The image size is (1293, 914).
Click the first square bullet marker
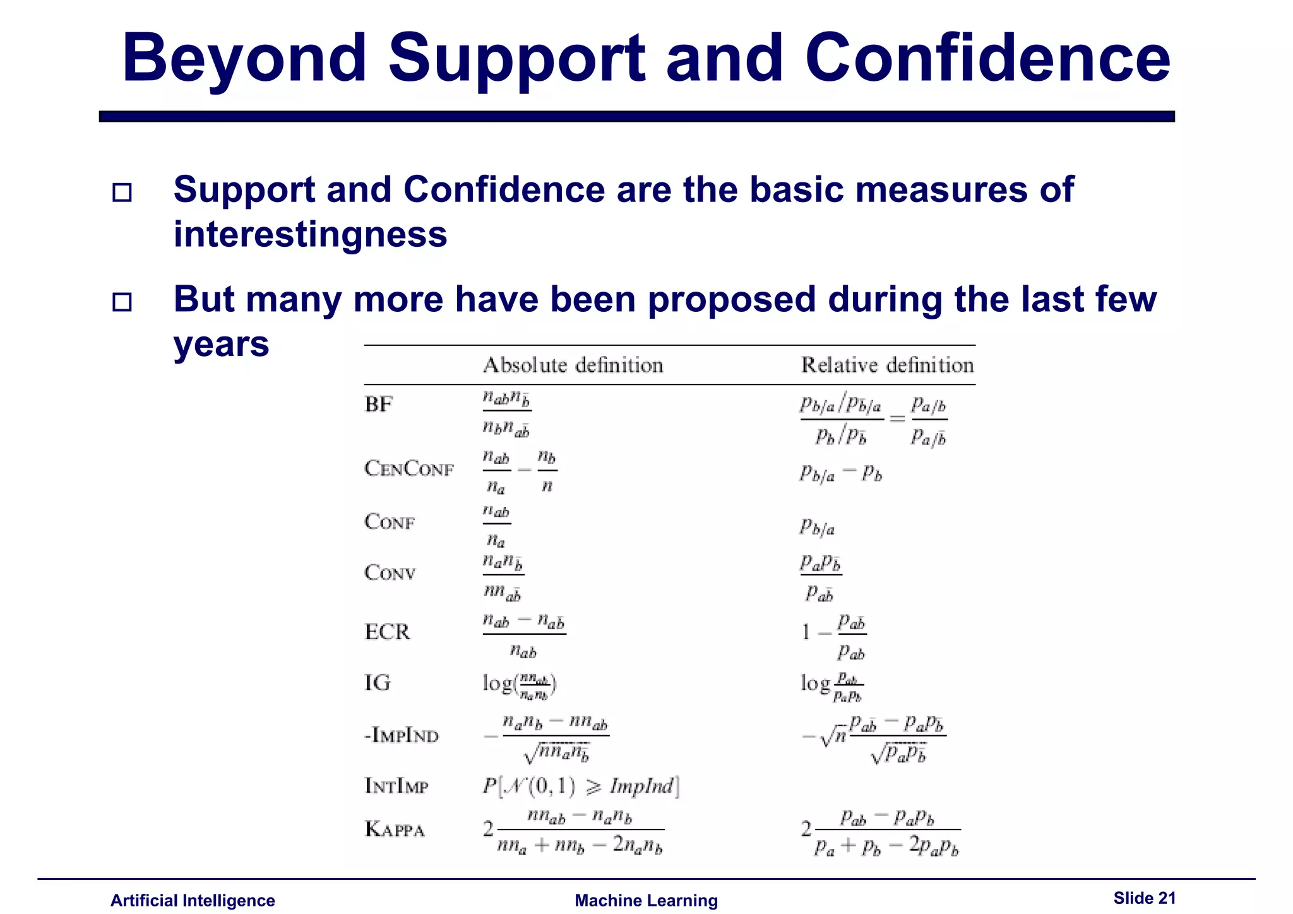[122, 193]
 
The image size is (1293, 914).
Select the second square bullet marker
[122, 302]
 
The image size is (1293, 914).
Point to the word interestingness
[310, 234]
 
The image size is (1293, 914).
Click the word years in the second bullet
[221, 345]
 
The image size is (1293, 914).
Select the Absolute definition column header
[573, 365]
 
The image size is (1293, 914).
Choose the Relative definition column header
[887, 365]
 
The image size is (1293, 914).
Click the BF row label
[379, 404]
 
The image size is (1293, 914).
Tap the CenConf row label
[409, 469]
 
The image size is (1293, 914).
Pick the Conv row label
[390, 573]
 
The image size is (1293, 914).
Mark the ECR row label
[388, 632]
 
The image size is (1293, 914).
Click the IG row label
[378, 683]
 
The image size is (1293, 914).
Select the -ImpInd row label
[402, 735]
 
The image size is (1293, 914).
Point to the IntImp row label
[396, 786]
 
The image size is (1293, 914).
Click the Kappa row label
[395, 829]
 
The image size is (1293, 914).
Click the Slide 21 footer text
[1144, 898]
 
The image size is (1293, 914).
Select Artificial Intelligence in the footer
[193, 901]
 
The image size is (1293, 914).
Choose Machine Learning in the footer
[646, 901]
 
